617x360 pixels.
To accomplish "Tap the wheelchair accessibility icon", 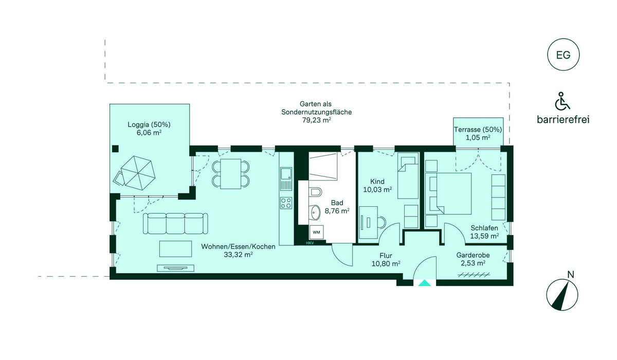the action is click(x=562, y=101).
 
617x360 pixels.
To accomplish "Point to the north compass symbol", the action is click(x=562, y=295).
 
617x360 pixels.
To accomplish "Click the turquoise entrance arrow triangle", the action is click(x=425, y=283).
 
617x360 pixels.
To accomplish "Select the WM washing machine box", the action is click(x=316, y=232).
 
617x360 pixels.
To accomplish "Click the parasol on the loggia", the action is click(x=138, y=173).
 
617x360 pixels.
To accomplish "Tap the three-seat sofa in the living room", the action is click(x=175, y=223).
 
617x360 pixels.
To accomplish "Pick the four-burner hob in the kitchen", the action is click(x=286, y=203).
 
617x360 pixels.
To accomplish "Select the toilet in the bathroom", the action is click(x=315, y=192).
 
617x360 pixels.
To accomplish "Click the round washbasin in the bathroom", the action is click(x=315, y=212).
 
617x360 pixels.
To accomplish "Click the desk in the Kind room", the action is click(x=368, y=223).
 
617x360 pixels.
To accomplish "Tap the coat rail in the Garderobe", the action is click(x=474, y=275).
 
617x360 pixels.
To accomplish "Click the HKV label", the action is click(x=310, y=243).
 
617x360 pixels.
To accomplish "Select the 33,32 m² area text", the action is click(x=238, y=255).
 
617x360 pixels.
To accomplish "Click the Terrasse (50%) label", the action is click(x=478, y=130).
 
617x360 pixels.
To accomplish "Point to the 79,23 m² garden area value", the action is click(x=317, y=120).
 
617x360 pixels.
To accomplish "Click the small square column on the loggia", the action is click(x=115, y=149).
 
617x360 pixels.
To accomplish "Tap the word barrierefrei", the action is click(x=563, y=119).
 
